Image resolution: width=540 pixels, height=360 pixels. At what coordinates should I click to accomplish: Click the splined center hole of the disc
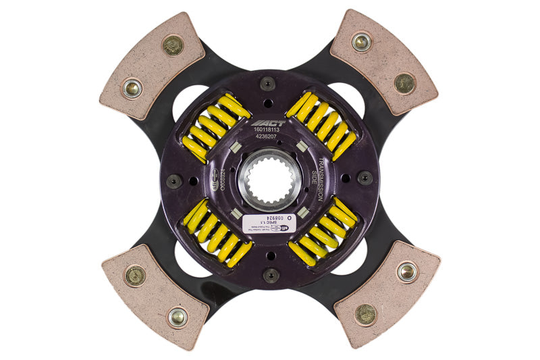tap(270, 181)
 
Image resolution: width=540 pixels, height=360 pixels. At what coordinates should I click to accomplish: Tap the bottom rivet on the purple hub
tap(270, 275)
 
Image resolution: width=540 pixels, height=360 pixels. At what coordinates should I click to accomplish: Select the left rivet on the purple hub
tap(174, 180)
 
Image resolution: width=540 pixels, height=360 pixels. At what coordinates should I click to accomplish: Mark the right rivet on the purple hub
tap(365, 178)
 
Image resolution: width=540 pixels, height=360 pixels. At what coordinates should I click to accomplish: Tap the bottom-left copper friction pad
tap(154, 294)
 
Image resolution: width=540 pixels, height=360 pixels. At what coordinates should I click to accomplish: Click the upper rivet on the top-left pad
tap(173, 45)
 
